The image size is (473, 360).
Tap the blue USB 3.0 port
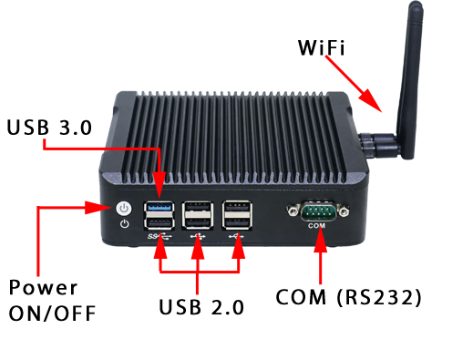[x=159, y=207]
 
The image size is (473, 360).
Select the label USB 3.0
[x=49, y=129]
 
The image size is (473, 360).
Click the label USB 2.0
[x=201, y=307]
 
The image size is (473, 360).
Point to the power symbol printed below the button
[x=124, y=222]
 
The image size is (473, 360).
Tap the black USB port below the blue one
[x=159, y=223]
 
